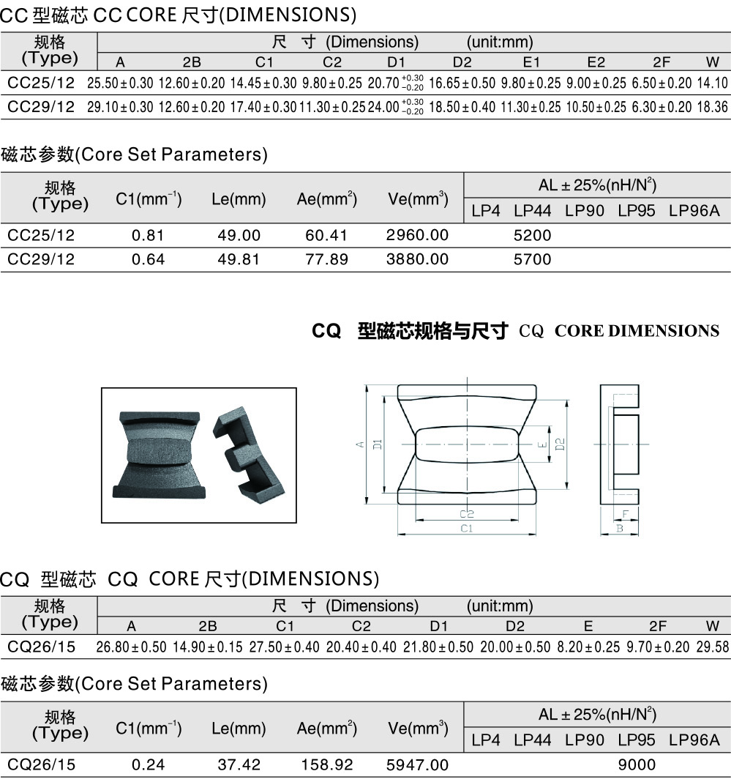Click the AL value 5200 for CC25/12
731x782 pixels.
(532, 235)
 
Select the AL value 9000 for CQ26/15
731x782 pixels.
(637, 764)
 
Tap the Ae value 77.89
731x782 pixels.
(326, 259)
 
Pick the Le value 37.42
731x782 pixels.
(239, 764)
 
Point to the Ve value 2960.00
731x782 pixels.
(417, 235)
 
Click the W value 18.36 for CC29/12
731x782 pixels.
(713, 107)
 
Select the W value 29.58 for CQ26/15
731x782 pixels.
(713, 647)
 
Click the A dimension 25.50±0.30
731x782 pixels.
(120, 83)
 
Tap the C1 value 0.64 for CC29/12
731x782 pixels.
(148, 259)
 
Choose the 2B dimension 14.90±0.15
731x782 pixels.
(208, 647)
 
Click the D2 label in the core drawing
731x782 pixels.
(560, 444)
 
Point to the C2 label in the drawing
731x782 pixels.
(466, 514)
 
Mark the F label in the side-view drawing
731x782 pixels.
(626, 514)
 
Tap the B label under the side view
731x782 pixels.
(619, 528)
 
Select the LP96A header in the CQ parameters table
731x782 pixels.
(694, 740)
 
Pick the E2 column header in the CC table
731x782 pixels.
(596, 62)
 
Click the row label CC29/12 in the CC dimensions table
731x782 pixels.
(41, 107)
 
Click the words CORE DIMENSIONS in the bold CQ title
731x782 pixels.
(637, 331)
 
